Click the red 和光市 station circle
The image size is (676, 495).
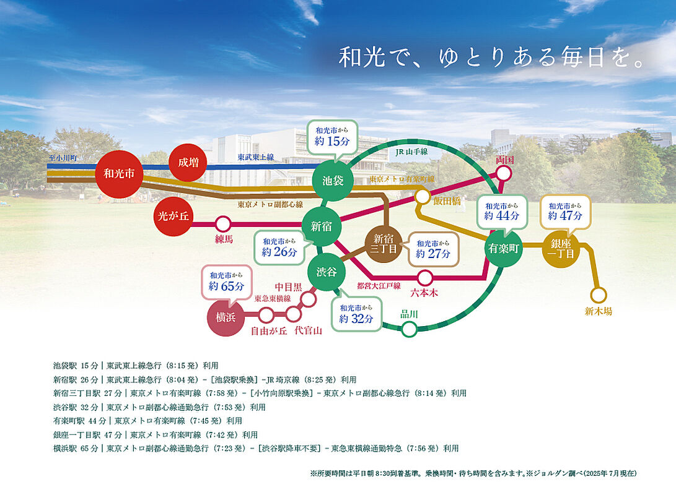(x=120, y=174)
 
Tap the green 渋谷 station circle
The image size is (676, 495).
(x=326, y=272)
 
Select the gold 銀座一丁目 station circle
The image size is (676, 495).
(x=562, y=248)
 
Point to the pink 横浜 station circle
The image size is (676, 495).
(x=226, y=317)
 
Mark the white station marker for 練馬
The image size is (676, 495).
(x=222, y=224)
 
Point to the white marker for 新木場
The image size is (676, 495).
(x=599, y=295)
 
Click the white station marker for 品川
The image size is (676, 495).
(x=409, y=329)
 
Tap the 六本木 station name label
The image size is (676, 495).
(x=424, y=293)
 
